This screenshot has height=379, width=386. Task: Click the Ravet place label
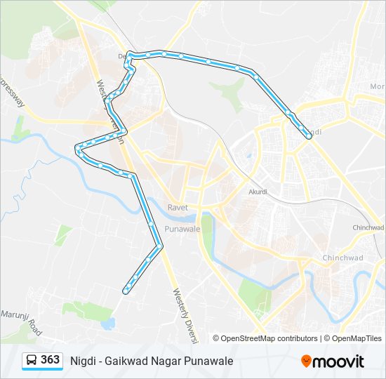(178, 207)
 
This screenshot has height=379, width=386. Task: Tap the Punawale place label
(182, 230)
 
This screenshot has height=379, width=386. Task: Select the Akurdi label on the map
(258, 191)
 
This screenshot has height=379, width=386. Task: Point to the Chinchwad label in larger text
(342, 258)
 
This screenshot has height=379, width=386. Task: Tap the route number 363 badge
(51, 360)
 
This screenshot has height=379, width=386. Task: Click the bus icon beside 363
(32, 361)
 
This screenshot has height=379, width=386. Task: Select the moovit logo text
(338, 361)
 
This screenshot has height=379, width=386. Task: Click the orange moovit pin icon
(306, 361)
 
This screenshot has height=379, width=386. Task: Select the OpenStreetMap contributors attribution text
(269, 338)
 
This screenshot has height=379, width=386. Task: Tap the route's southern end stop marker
(125, 291)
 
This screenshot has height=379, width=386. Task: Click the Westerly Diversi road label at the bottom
(184, 316)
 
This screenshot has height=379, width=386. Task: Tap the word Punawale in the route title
(210, 361)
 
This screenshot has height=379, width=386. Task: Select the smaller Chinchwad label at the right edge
(369, 227)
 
